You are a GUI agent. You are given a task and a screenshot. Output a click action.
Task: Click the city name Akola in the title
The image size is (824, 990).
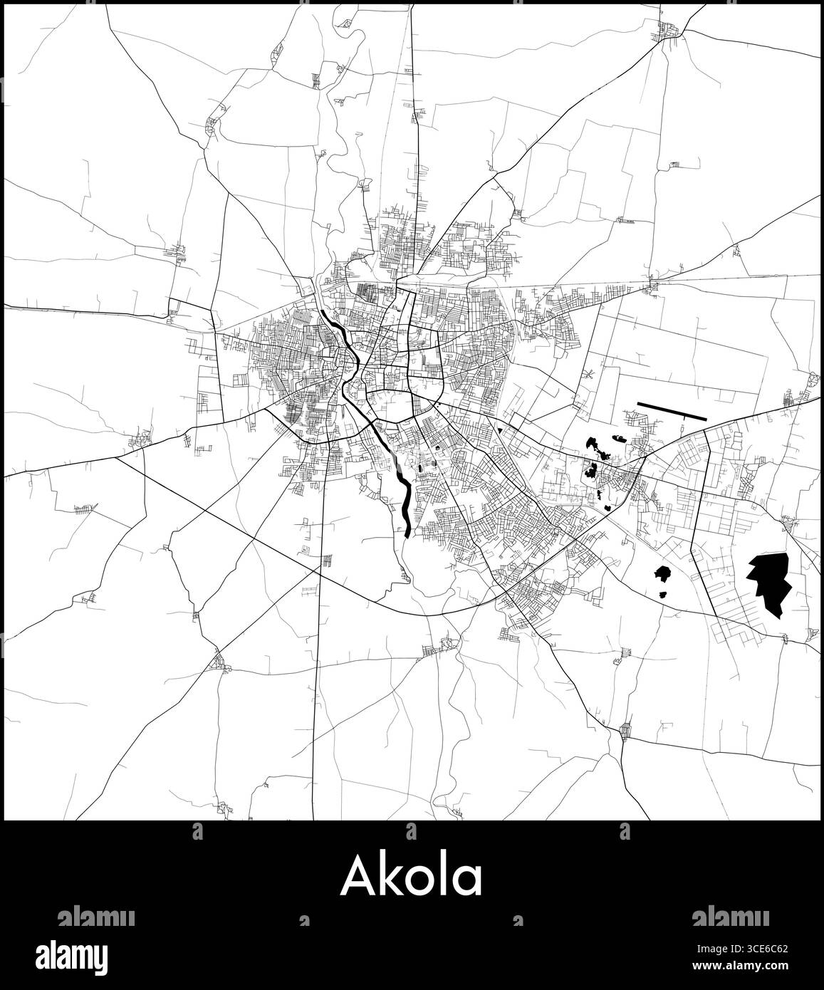click(412, 877)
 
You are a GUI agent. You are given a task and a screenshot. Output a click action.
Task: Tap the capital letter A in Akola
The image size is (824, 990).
click(358, 877)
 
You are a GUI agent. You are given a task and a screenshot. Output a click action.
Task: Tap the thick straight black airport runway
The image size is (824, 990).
click(672, 411)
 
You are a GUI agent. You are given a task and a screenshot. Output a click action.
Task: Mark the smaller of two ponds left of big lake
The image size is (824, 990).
click(663, 594)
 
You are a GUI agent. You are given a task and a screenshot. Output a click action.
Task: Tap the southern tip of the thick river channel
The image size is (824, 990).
click(407, 533)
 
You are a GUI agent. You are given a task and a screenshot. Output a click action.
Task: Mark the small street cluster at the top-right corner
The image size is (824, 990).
click(669, 30)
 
